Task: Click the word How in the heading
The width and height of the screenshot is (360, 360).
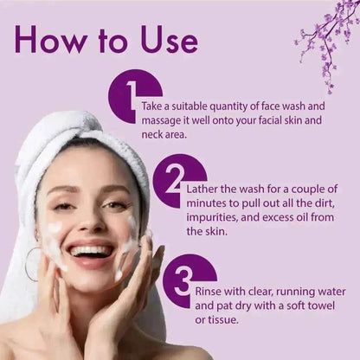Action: pyautogui.click(x=50, y=40)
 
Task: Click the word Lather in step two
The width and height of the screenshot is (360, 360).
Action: pyautogui.click(x=202, y=190)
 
